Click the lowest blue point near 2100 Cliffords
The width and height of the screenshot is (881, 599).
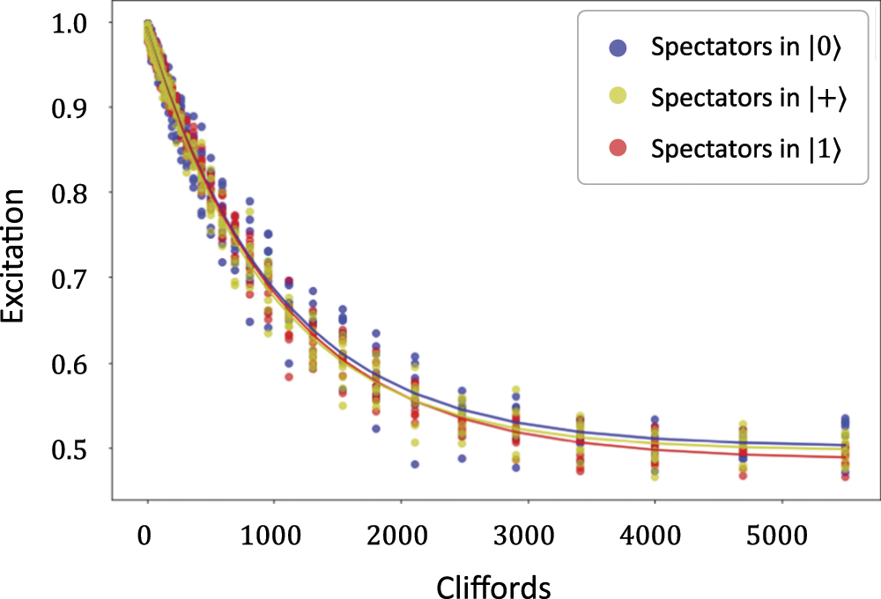coord(415,464)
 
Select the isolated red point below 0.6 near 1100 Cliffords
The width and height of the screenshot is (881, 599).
coord(289,377)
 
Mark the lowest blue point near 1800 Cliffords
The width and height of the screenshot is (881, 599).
coord(376,429)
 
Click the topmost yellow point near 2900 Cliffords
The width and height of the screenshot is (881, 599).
coord(516,389)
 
